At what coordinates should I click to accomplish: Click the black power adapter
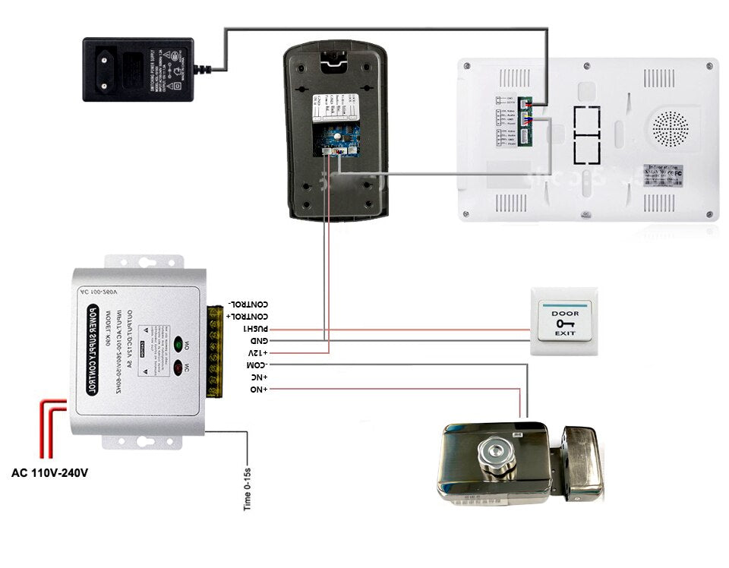coord(137,69)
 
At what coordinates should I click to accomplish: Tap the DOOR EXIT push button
coord(564,322)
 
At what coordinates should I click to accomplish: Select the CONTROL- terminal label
coord(247,305)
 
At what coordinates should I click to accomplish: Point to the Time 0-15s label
coord(248,489)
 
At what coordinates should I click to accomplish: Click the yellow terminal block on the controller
coord(215,349)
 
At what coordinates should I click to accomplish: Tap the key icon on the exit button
coord(564,323)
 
